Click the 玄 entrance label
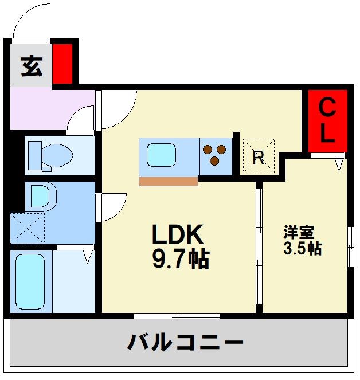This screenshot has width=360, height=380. (x=32, y=66)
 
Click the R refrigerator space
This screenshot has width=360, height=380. (x=258, y=156)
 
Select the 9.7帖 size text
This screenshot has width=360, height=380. (x=180, y=260)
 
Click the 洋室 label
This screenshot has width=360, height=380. (x=298, y=233)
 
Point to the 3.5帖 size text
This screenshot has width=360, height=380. (x=302, y=249)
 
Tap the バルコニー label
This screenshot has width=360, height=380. (x=185, y=343)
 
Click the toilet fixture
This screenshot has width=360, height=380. (x=50, y=155)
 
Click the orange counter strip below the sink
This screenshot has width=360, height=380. (x=168, y=181)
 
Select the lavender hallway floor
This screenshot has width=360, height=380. (x=46, y=109)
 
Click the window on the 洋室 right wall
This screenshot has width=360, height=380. (x=349, y=246)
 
